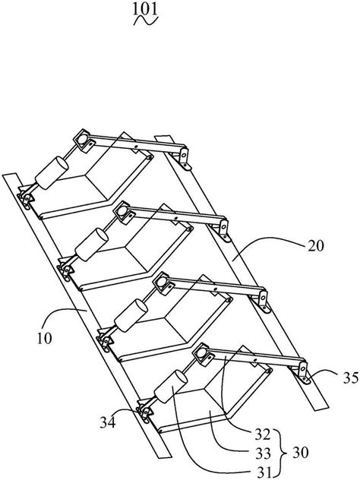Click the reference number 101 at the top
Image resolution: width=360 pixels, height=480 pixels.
click(145, 9)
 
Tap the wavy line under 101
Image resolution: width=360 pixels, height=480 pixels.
click(147, 21)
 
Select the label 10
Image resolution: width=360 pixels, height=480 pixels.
click(45, 339)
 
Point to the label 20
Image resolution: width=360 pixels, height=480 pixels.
click(315, 246)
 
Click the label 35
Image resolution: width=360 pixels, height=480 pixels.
click(350, 378)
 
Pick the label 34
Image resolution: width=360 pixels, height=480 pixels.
click(108, 423)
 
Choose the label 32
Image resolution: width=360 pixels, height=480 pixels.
click(262, 434)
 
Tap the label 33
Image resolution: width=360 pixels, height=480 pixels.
click(263, 453)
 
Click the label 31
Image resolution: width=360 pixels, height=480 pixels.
click(262, 472)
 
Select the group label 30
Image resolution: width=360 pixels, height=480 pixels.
click(300, 453)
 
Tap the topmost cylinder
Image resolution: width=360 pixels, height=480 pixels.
click(52, 173)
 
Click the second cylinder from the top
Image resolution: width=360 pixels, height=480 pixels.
click(92, 245)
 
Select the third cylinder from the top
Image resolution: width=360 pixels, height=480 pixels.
click(131, 316)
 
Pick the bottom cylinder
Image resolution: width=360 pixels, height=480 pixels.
click(171, 387)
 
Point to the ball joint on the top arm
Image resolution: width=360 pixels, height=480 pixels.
click(81, 138)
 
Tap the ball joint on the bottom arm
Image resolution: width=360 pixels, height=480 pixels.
click(201, 353)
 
